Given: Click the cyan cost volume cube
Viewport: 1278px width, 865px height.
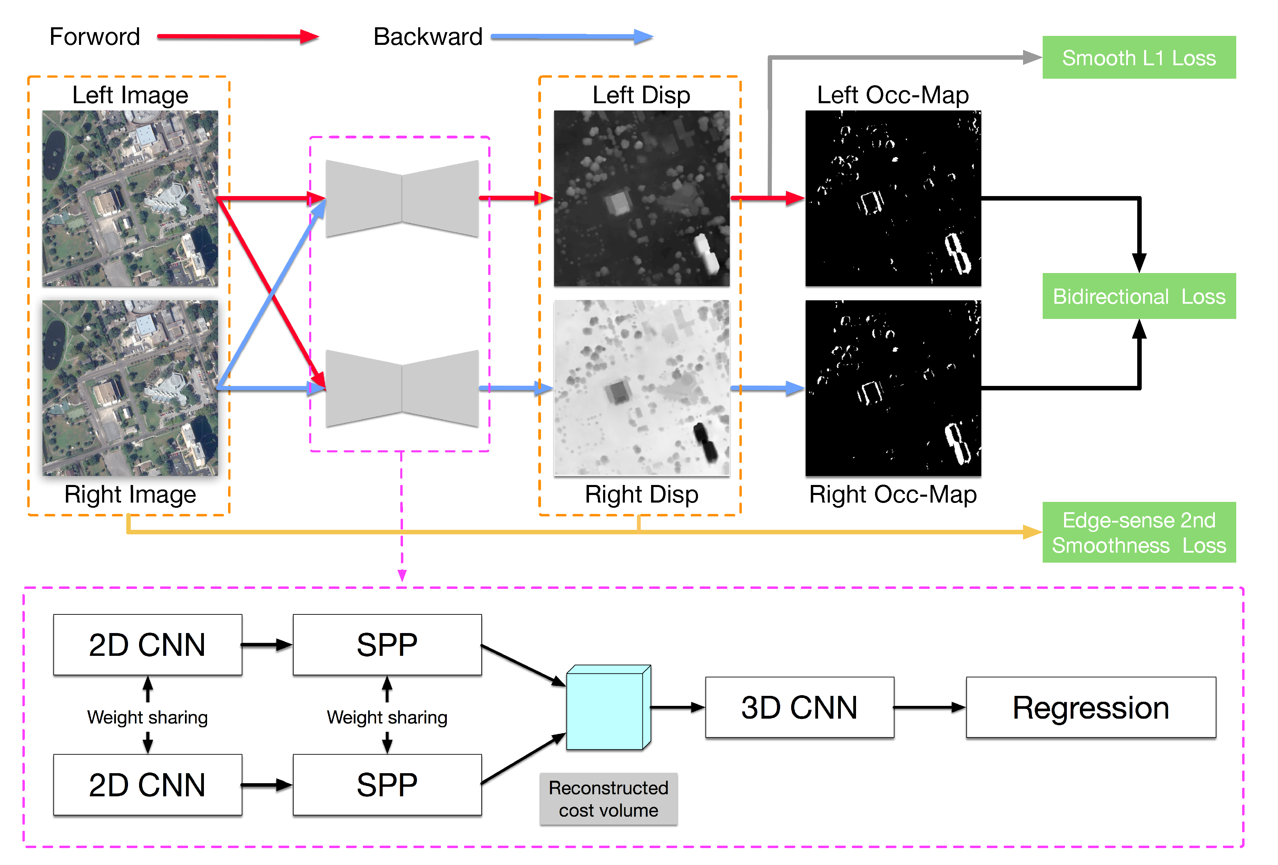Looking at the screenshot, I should (x=605, y=710).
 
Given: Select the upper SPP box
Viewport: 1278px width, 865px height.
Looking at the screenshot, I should (x=387, y=644).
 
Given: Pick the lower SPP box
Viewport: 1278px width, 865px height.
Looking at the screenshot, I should (x=387, y=784).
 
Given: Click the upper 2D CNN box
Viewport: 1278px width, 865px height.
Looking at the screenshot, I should (x=147, y=644).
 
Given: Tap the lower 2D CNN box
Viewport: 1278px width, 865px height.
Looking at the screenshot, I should (x=147, y=784).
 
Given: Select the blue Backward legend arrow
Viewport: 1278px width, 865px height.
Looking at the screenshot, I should (x=572, y=37).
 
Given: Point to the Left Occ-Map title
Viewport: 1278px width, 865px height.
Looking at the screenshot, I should (x=893, y=95).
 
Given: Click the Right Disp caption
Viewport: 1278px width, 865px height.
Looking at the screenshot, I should (x=641, y=494).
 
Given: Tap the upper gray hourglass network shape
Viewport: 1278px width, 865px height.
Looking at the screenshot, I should (x=402, y=198).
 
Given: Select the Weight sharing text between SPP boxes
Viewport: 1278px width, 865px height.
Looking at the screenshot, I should (x=387, y=717).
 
